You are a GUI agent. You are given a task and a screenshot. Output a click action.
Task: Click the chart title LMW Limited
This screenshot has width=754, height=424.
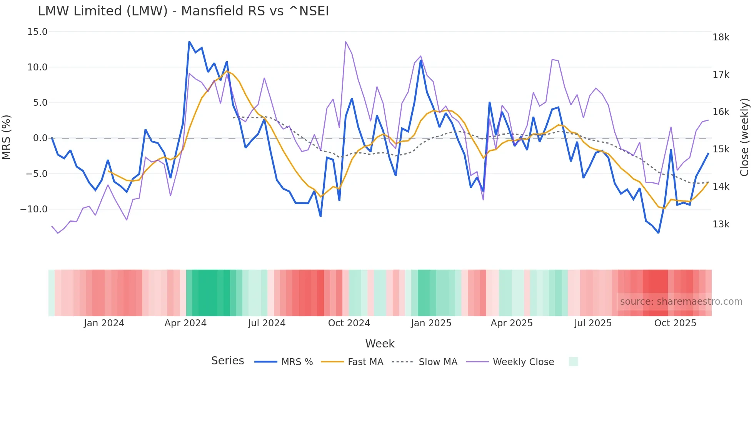(x=183, y=11)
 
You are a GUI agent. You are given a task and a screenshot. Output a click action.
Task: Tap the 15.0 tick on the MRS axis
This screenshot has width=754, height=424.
(x=37, y=32)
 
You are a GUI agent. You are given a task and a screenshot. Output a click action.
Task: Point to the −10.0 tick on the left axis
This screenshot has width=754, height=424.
(x=34, y=209)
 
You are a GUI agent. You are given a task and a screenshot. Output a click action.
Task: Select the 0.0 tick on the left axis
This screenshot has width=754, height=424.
(x=40, y=138)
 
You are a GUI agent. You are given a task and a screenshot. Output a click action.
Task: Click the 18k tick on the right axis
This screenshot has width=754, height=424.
(x=721, y=37)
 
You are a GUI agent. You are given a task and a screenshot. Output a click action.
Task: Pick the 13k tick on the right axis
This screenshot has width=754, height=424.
(x=721, y=224)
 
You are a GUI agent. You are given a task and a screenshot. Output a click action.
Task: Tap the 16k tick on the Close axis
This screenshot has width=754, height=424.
(x=721, y=112)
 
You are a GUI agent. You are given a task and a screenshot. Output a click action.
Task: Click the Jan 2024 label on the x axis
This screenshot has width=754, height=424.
(x=104, y=323)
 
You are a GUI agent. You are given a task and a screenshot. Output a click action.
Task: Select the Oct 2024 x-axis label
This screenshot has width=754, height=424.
(x=349, y=323)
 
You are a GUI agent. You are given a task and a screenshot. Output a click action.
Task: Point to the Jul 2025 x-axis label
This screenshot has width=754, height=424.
(x=593, y=323)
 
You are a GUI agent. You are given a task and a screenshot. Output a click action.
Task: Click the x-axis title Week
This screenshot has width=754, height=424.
(x=380, y=344)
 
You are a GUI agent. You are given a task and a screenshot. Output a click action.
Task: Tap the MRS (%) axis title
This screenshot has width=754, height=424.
(x=7, y=137)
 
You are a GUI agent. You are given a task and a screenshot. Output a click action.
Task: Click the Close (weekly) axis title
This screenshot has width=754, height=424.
(x=744, y=137)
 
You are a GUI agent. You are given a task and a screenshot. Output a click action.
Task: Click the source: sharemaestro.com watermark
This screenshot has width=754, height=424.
(x=681, y=302)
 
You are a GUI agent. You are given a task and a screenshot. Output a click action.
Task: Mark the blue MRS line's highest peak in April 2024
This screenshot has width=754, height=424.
(x=189, y=42)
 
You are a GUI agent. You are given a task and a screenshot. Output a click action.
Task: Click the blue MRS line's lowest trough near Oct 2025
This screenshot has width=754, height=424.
(x=658, y=233)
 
